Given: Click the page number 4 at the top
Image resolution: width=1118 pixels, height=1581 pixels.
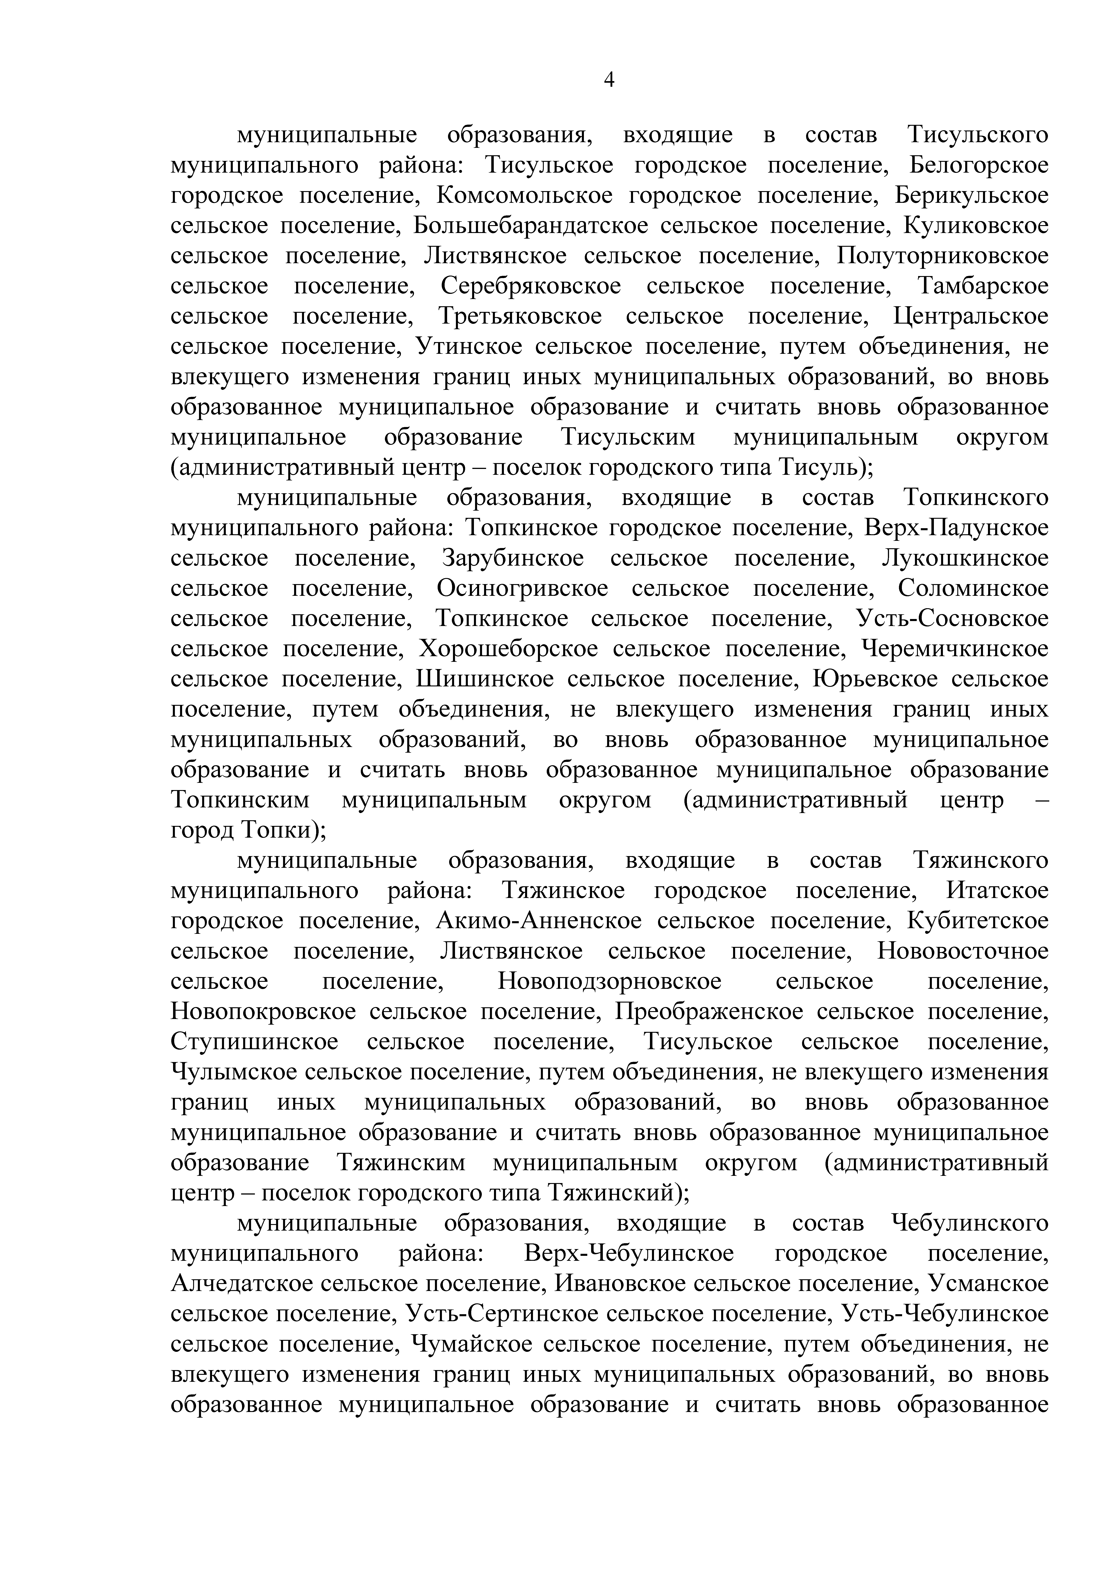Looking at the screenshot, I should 609,81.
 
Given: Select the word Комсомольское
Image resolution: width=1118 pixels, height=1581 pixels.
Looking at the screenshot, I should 524,196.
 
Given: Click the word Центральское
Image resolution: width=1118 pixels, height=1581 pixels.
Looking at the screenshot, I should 971,317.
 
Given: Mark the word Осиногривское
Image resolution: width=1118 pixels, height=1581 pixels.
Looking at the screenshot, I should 522,589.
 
